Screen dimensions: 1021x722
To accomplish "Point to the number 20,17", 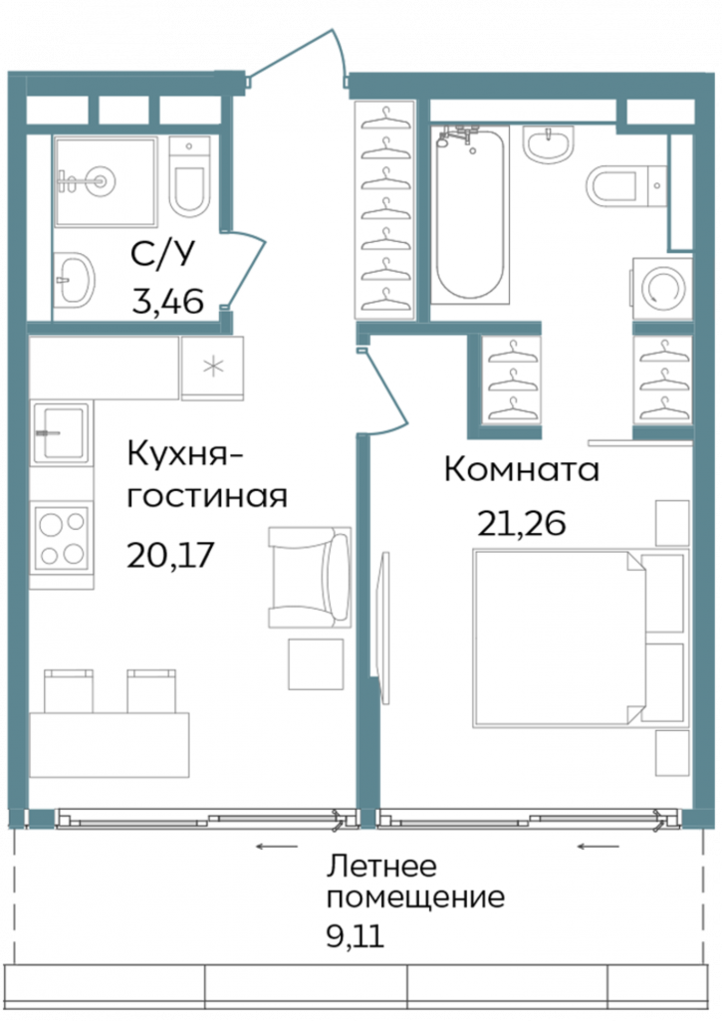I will click(x=170, y=553).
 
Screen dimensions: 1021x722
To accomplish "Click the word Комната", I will click(x=521, y=470).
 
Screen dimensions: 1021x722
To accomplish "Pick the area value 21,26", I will click(x=521, y=522).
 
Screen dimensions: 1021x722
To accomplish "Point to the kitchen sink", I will click(x=61, y=431).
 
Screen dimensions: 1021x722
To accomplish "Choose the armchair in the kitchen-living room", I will click(x=310, y=579).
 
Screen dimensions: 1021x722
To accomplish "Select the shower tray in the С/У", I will click(x=105, y=180).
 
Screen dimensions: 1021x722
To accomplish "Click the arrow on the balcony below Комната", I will click(x=598, y=847).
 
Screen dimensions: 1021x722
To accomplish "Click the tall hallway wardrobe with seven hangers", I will click(x=385, y=209).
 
